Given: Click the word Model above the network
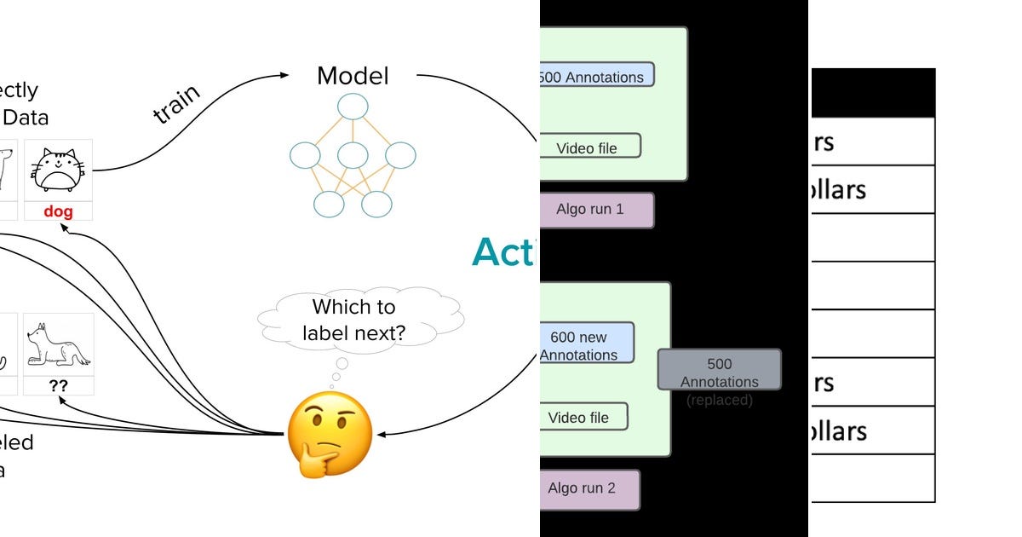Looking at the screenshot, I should click(353, 76).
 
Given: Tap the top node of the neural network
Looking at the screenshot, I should click(353, 107).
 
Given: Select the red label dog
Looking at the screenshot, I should click(58, 211).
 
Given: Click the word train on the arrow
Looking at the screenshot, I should click(177, 104).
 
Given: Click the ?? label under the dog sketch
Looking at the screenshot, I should click(58, 385).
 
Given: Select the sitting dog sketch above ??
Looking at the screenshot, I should click(58, 345).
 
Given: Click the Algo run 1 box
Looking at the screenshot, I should click(597, 210).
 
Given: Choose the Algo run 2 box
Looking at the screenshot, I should click(589, 489).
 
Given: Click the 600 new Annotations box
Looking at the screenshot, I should click(587, 344).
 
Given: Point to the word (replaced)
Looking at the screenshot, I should click(720, 400).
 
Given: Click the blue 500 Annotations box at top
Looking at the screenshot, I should click(596, 75).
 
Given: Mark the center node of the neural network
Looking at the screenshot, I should click(353, 155).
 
